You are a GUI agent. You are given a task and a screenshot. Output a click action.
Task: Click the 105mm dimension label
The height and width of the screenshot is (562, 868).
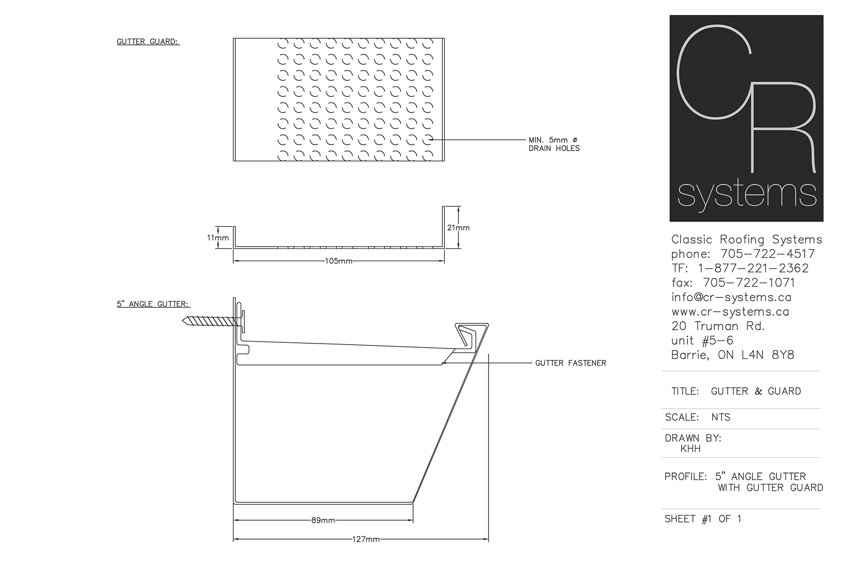pos(339,261)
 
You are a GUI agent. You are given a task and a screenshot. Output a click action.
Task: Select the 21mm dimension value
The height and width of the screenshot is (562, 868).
pos(458,228)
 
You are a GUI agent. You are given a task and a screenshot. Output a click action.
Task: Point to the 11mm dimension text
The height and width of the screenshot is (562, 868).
pos(218,238)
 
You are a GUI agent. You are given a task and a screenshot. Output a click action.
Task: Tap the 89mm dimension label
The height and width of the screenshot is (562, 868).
pos(323,520)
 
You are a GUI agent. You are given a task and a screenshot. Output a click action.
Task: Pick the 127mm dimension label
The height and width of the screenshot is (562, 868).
pos(366,539)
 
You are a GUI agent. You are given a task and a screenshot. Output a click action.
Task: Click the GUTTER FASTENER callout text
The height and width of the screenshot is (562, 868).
pos(571,363)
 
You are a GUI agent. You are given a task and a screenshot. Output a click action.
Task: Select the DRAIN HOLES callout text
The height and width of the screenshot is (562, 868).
pos(554,148)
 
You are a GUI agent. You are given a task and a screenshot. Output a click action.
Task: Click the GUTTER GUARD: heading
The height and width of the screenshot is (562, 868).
pos(148,42)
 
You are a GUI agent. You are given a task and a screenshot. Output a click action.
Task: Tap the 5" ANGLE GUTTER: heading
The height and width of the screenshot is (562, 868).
pos(154,304)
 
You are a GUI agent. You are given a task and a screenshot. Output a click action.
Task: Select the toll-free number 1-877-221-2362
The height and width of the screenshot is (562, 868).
pos(753,268)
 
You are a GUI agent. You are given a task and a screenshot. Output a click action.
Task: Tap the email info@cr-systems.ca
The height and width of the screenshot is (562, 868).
pos(731,297)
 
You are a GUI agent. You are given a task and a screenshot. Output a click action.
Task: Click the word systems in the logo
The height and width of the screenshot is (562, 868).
pos(747,195)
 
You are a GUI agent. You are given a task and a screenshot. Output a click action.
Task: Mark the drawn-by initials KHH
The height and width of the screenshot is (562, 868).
pos(691,449)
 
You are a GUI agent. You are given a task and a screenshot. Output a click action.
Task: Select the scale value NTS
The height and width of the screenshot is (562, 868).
pos(721,417)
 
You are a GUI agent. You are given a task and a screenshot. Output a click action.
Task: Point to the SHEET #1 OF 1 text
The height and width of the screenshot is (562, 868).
pos(703,519)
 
